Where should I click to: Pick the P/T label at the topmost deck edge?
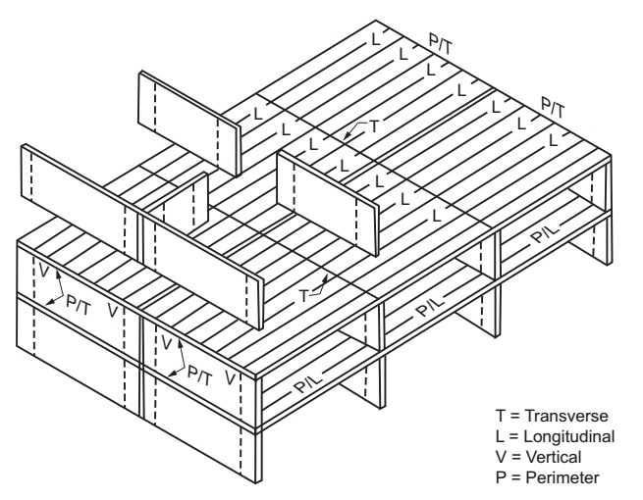tap(441, 44)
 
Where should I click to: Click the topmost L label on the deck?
tap(374, 41)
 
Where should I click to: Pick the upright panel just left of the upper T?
tap(326, 191)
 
